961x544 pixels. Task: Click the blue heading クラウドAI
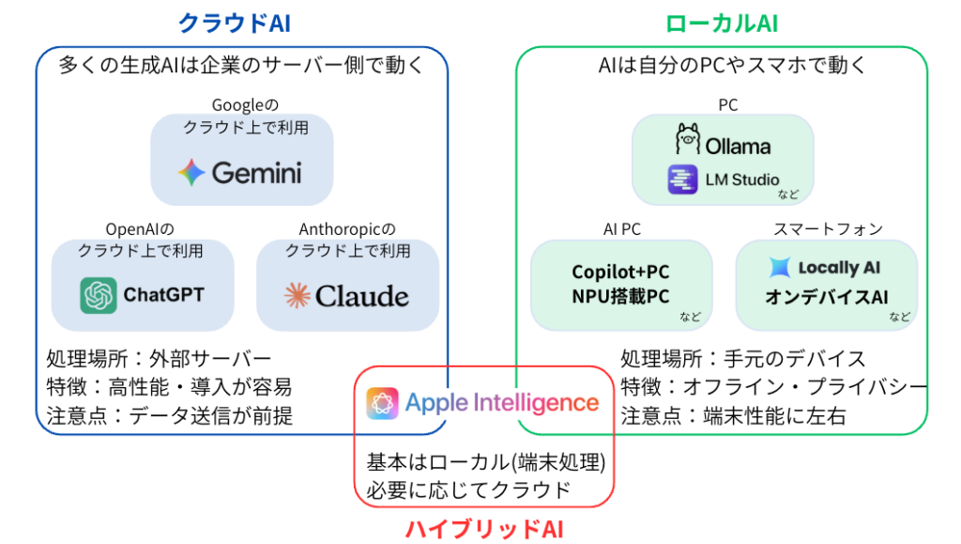[234, 23]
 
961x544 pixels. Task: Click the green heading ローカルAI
[721, 23]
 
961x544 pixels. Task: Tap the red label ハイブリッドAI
[484, 529]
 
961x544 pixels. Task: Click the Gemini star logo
[191, 172]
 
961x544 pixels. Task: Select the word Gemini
[256, 173]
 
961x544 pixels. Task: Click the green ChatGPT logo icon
[99, 296]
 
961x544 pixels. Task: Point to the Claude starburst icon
[297, 296]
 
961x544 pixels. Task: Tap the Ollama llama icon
[688, 141]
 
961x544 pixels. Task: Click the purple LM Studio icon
[682, 179]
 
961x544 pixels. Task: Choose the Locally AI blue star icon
[780, 268]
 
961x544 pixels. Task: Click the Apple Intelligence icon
[382, 404]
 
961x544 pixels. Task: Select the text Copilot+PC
[620, 272]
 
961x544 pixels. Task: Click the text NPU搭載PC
[620, 297]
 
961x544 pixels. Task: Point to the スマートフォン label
[827, 229]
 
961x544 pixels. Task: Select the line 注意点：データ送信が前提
[169, 414]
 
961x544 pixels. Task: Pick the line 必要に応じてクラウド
[468, 490]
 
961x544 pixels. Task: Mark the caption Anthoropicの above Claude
[347, 229]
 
